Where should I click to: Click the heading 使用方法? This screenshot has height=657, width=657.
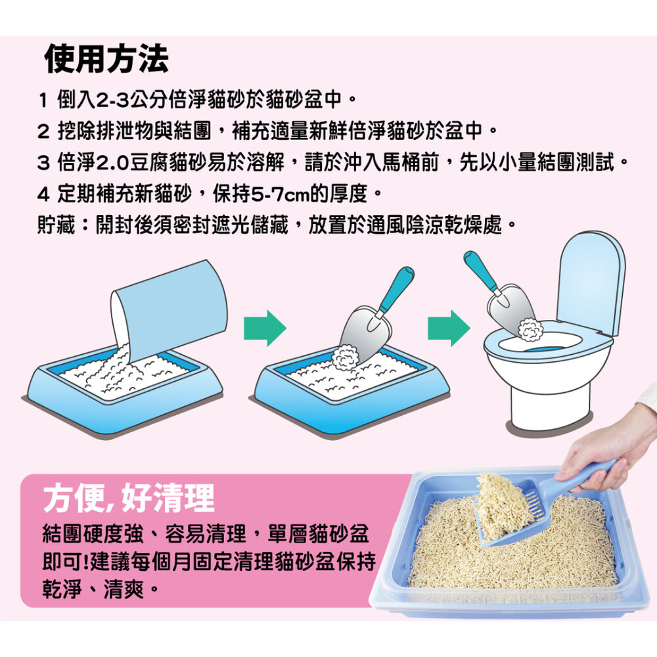[106, 58]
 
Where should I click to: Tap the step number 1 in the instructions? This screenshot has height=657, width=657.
[43, 100]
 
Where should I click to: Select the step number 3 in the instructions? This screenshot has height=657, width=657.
[43, 162]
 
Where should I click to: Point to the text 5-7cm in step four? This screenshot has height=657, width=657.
[281, 194]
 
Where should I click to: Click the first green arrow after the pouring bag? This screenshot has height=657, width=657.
[265, 328]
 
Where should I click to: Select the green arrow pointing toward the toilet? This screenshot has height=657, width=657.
[449, 328]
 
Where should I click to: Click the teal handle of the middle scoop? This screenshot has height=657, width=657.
[397, 289]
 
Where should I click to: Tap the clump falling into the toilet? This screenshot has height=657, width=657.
[530, 329]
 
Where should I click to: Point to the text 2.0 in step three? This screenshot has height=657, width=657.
[112, 162]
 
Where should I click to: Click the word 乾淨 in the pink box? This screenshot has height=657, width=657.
[62, 589]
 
